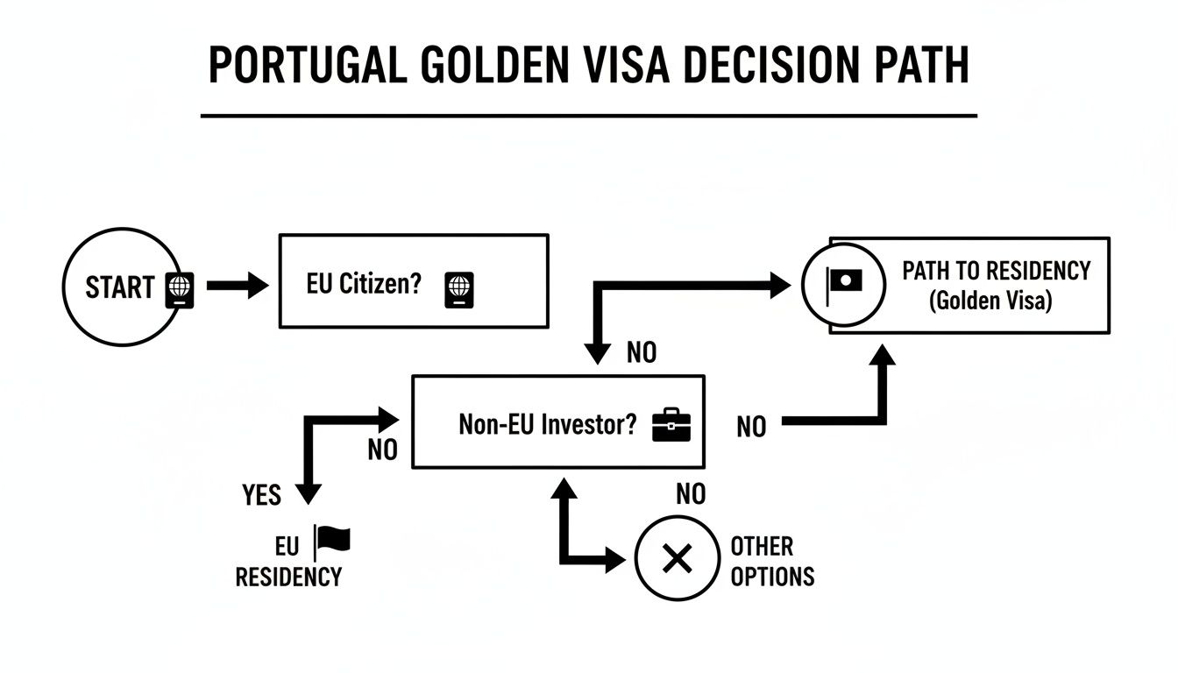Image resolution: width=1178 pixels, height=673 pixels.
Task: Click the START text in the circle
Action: tap(119, 287)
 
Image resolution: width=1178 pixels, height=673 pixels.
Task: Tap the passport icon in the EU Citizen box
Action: tap(459, 287)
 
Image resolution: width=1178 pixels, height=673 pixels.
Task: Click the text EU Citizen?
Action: tap(364, 286)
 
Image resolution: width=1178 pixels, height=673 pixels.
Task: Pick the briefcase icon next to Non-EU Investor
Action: tap(671, 424)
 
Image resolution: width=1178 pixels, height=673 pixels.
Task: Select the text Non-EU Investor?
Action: tap(548, 424)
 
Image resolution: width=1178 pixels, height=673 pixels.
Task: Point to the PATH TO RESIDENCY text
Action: tap(996, 270)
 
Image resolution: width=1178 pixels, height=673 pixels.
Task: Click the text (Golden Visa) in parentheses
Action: tap(990, 301)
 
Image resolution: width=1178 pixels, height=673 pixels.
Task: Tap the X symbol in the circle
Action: tap(677, 558)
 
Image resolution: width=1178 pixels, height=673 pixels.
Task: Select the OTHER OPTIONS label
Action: tap(771, 561)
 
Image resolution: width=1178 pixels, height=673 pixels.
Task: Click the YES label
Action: tap(261, 495)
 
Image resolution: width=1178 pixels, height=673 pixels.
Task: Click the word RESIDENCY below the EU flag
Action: tap(288, 577)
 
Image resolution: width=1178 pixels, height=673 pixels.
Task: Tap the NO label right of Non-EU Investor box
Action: tap(751, 427)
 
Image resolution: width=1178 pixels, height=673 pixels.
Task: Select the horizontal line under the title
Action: tap(588, 115)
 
